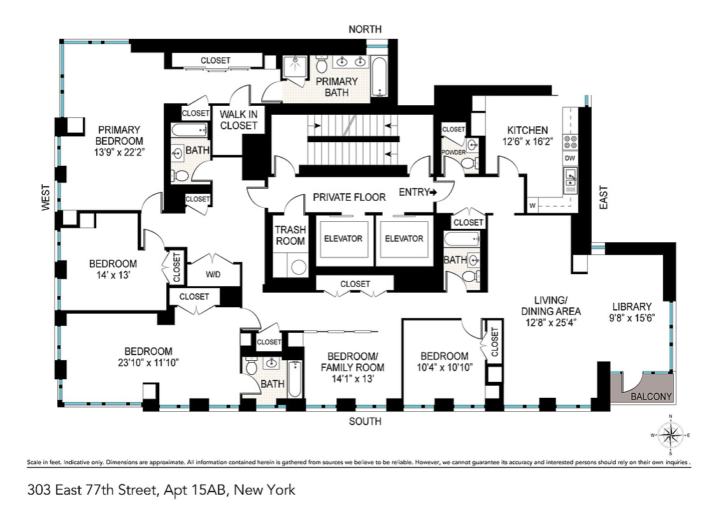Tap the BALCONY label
point(651,396)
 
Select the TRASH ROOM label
point(290,235)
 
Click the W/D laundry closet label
point(212,275)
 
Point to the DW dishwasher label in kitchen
point(571,158)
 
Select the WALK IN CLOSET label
point(239,120)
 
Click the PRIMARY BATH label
point(336,87)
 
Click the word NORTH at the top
point(365,29)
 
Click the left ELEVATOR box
point(343,239)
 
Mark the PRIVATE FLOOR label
point(349,197)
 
